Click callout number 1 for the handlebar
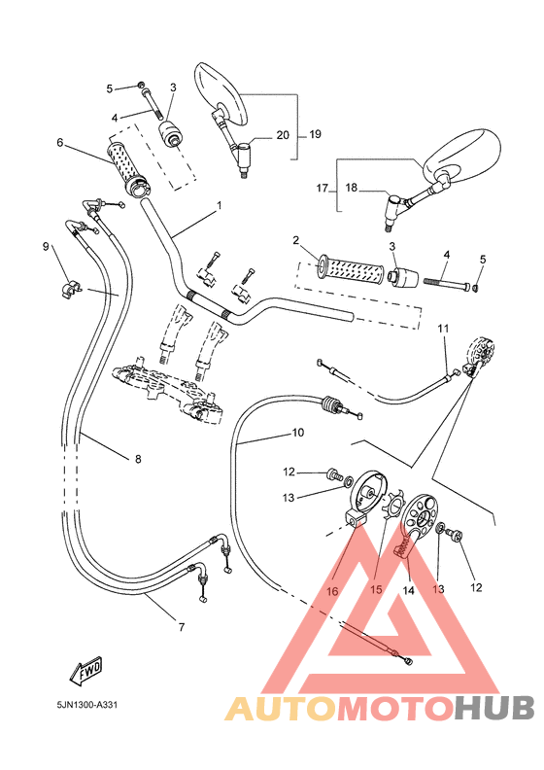pos(220,205)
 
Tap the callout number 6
pos(60,143)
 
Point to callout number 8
pos(137,458)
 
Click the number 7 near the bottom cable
pos(181,627)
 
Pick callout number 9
pos(45,247)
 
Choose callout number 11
pos(442,329)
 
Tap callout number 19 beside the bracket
pos(315,134)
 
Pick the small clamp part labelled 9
pos(71,289)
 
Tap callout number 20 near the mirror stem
pos(283,134)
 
